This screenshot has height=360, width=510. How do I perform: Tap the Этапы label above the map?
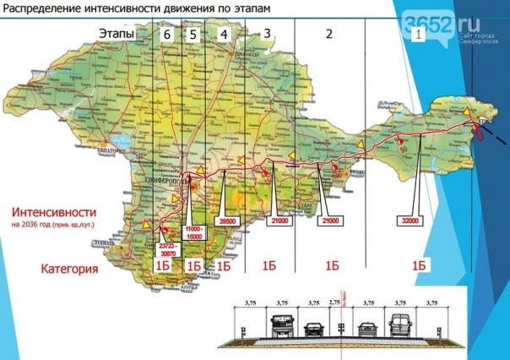116,34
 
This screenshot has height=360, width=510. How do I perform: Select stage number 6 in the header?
168,34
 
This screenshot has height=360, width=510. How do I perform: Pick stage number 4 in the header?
223,34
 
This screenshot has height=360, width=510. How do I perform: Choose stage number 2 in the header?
329,34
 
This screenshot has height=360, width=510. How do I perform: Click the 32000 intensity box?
410,220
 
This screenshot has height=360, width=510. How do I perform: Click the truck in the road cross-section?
281,324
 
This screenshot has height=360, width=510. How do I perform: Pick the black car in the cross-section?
313,328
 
